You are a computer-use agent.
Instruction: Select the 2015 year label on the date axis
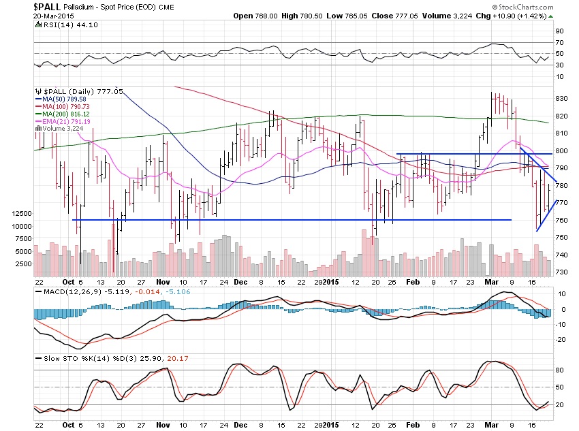[x=330, y=281]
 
